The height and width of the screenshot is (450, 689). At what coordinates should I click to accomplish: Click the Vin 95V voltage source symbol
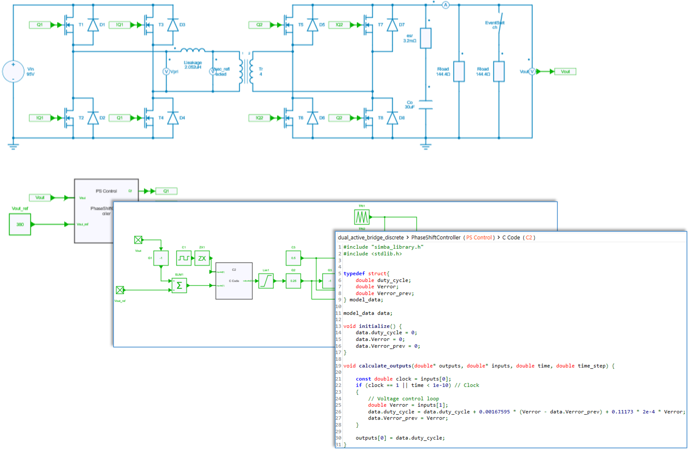pos(13,71)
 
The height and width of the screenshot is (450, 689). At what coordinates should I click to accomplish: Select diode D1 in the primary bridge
pos(93,25)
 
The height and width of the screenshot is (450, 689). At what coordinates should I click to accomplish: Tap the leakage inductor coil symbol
pos(193,50)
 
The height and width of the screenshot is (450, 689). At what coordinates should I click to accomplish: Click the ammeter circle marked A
pos(445,5)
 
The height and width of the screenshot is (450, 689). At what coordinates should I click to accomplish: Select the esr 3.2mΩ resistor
pos(425,38)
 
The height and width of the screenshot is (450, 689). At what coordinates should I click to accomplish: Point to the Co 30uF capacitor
pos(425,105)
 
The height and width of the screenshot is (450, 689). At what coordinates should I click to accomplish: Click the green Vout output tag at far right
pos(565,72)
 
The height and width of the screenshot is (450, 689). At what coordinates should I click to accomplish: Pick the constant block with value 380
pos(20,224)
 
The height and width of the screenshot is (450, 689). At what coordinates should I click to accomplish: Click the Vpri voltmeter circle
pos(167,71)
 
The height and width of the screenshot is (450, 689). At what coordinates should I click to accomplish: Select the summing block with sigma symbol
pos(179,285)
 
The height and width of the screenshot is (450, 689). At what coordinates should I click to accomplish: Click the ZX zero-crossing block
pos(202,259)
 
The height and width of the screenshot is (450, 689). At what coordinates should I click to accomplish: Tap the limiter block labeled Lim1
pos(266,281)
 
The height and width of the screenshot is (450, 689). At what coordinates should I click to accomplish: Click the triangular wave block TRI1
pos(362,217)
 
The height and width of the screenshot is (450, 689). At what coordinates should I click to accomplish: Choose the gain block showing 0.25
pos(293,281)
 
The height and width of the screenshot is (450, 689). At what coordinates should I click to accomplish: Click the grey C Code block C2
pos(234,281)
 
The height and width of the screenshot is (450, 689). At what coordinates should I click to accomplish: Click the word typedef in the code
pos(354,273)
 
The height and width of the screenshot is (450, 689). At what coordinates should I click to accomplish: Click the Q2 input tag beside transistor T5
pos(259,25)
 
